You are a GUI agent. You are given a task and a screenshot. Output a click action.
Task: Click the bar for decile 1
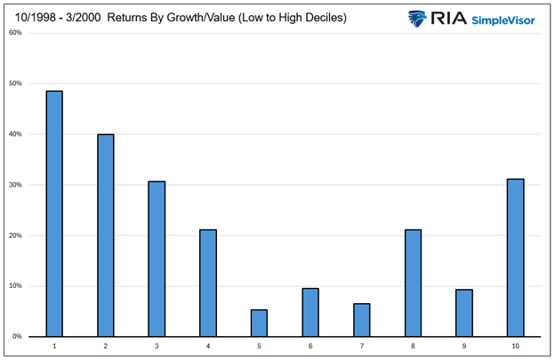(54, 213)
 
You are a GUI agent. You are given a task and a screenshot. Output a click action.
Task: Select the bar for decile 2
(106, 236)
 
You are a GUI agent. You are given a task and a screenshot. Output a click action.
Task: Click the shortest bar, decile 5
(259, 323)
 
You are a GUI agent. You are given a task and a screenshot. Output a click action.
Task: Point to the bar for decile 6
(310, 312)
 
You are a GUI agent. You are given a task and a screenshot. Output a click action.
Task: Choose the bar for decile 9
(463, 313)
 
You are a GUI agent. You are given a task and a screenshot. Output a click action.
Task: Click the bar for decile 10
(515, 258)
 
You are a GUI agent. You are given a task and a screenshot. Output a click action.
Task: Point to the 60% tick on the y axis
(15, 33)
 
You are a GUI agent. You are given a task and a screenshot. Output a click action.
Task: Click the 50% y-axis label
(15, 84)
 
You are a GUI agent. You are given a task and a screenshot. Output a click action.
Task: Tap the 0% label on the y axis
(17, 337)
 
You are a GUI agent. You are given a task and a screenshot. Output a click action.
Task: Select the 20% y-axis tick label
(15, 236)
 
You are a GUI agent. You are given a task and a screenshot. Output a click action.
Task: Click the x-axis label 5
(259, 346)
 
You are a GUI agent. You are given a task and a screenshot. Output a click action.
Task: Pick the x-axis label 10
(515, 346)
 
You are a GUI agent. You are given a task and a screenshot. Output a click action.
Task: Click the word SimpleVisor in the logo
(503, 19)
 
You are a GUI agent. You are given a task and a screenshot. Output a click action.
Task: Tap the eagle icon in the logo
(418, 19)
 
